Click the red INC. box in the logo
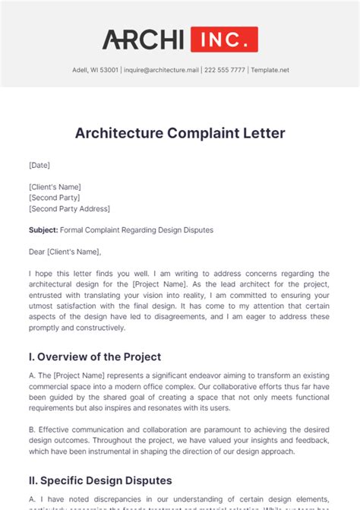pyautogui.click(x=224, y=40)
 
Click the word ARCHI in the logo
pyautogui.click(x=144, y=40)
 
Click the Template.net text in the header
pyautogui.click(x=271, y=71)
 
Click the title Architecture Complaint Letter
pyautogui.click(x=180, y=133)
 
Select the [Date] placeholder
pyautogui.click(x=39, y=164)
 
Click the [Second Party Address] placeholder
pyautogui.click(x=69, y=208)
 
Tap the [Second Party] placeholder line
pyautogui.click(x=55, y=198)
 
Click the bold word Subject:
pyautogui.click(x=44, y=230)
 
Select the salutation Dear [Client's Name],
pyautogui.click(x=65, y=252)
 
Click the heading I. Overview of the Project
pyautogui.click(x=95, y=356)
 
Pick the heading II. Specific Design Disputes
pyautogui.click(x=100, y=480)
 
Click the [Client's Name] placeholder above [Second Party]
pyautogui.click(x=55, y=186)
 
